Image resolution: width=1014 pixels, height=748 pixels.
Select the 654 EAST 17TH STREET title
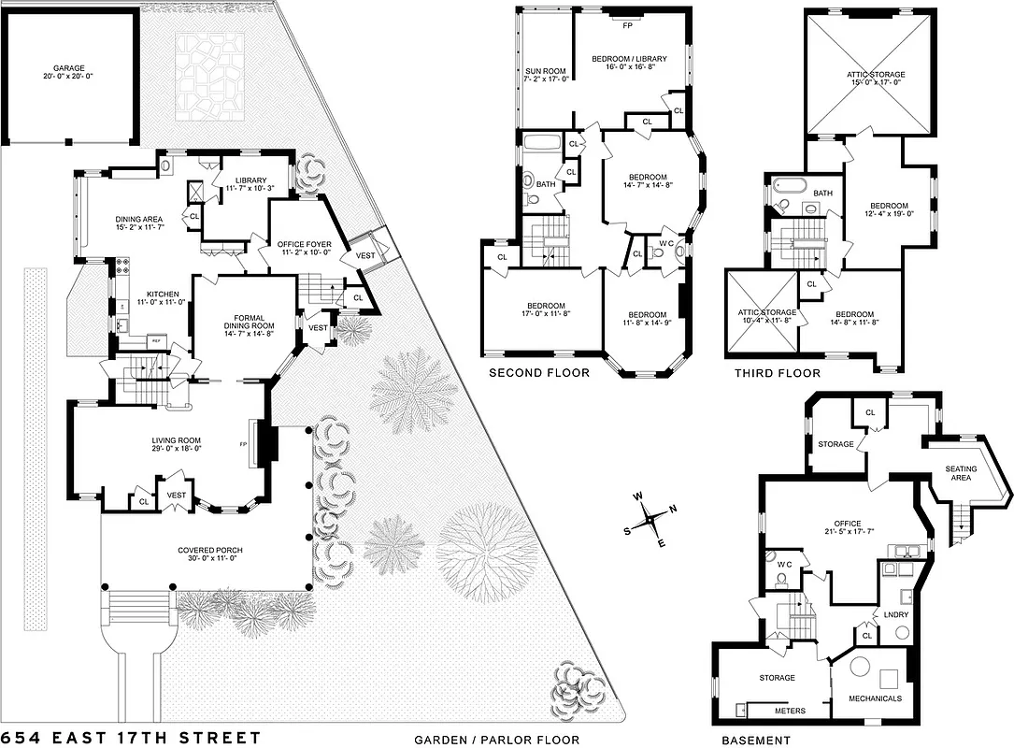[x=130, y=738]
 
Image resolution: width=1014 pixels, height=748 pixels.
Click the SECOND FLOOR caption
[x=539, y=373]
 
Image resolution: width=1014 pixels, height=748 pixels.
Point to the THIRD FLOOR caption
[x=777, y=373]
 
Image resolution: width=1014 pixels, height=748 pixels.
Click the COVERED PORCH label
[x=203, y=550]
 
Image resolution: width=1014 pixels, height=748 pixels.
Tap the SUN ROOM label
[x=546, y=71]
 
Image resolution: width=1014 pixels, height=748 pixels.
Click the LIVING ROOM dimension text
[x=177, y=448]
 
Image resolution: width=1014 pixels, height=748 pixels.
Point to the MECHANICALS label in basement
[x=875, y=698]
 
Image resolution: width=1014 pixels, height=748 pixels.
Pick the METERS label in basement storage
[x=790, y=711]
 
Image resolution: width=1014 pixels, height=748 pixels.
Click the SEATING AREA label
[x=961, y=473]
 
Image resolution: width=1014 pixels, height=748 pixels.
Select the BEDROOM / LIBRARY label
[x=629, y=60]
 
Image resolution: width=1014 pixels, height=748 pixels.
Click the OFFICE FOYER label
[x=301, y=245]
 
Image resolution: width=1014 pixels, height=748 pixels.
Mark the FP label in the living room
[x=243, y=445]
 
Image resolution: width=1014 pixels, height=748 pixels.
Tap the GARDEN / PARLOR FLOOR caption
[x=496, y=741]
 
